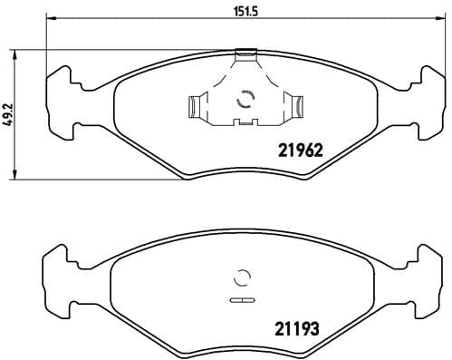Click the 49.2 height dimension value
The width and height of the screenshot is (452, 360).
coord(10,114)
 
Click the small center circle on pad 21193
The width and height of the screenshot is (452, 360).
coord(242,279)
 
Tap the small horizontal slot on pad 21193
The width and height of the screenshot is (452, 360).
coord(242,298)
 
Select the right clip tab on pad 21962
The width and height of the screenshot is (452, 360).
coord(293,107)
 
